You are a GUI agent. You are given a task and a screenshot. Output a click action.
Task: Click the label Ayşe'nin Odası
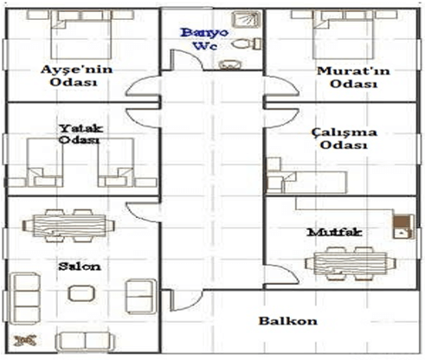[76, 75]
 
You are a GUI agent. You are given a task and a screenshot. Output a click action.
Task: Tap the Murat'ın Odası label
[353, 77]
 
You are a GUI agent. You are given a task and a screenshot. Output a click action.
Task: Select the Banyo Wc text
[204, 39]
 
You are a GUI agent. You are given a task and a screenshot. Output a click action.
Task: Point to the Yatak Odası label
[80, 134]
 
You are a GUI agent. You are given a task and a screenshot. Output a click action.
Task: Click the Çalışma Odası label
[344, 138]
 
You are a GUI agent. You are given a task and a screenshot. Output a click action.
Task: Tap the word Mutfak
[334, 232]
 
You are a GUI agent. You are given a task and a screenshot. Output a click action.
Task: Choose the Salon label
[80, 267]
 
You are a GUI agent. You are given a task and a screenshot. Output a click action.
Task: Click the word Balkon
[287, 321]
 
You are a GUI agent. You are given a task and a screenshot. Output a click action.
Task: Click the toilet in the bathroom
[246, 44]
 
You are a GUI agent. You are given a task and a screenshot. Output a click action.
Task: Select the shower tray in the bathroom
[246, 19]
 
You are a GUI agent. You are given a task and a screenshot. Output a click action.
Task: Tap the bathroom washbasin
[230, 65]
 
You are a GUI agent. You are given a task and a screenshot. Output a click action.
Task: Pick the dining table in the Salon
[68, 226]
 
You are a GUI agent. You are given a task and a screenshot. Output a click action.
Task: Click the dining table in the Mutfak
[351, 263]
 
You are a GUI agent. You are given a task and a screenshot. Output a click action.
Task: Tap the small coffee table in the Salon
[81, 293]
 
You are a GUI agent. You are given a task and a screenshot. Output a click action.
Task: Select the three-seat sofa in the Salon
[25, 298]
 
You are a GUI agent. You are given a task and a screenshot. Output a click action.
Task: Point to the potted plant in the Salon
[25, 340]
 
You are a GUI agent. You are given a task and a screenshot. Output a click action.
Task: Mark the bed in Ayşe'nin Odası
[80, 35]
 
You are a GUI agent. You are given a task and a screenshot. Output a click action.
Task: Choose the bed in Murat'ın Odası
[344, 35]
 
